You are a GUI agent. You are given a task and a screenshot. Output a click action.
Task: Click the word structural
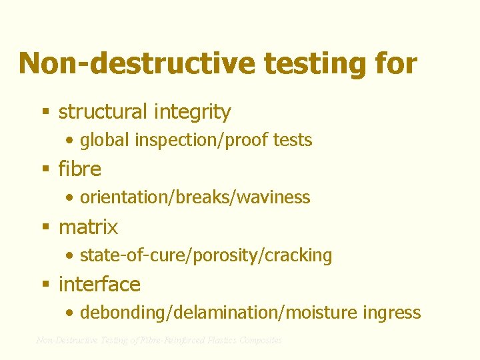tap(102, 112)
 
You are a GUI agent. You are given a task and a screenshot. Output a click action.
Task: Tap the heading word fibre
tap(80, 169)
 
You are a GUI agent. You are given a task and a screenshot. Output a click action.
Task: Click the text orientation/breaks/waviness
tap(195, 197)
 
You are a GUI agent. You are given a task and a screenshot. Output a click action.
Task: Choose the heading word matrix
tap(88, 227)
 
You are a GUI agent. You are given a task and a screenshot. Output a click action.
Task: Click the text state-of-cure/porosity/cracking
tap(205, 255)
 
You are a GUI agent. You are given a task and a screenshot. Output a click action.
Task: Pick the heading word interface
tap(99, 285)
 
